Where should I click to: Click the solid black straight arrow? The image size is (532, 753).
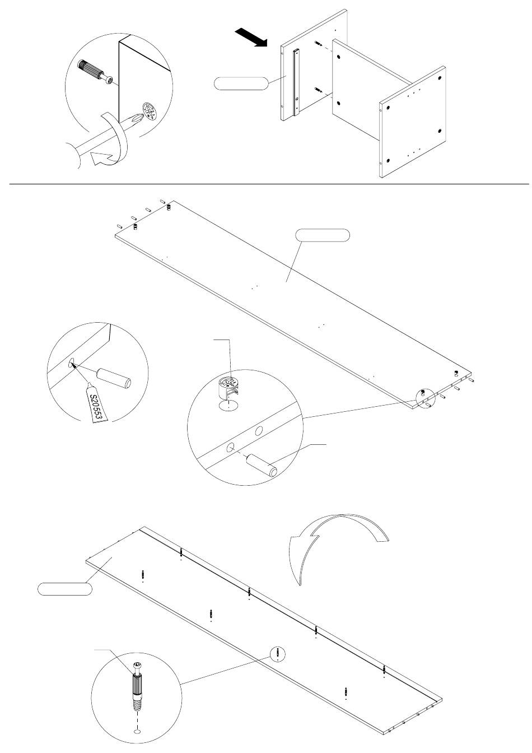(x=251, y=38)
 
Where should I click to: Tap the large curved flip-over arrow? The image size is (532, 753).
(x=334, y=543)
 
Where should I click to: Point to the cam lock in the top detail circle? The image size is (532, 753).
(x=149, y=111)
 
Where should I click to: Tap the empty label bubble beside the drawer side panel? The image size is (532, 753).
(x=241, y=83)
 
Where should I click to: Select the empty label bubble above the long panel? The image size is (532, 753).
(x=323, y=235)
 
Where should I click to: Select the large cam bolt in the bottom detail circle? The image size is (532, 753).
(x=137, y=691)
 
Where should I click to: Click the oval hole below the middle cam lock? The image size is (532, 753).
(x=228, y=405)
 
